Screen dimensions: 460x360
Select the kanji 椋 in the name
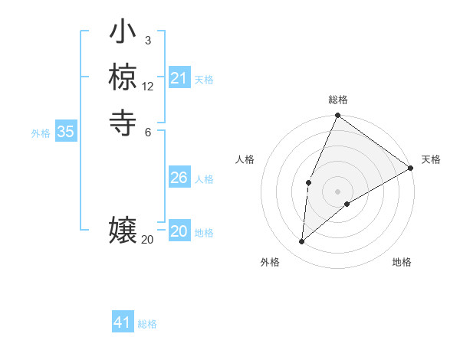[x=123, y=77]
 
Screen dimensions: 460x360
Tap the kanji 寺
[x=123, y=121]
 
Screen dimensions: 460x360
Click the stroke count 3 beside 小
[x=147, y=41]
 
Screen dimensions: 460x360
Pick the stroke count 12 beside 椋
[x=148, y=87]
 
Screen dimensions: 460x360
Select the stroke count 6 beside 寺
[x=147, y=131]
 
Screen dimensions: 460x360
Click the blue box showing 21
[x=179, y=78]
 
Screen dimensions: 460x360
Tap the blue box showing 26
[x=179, y=178]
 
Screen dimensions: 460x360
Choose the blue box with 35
[x=65, y=132]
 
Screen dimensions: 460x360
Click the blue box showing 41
[x=123, y=322]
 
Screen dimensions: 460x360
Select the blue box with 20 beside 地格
[x=179, y=232]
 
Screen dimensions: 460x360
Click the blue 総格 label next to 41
[x=147, y=324]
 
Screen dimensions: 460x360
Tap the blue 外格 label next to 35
[x=41, y=133]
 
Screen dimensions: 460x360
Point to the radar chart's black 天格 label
[x=431, y=159]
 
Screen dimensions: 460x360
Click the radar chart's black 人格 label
[x=245, y=159]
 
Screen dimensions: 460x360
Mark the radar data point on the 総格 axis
[x=337, y=116]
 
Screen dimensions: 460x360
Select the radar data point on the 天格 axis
[x=410, y=168]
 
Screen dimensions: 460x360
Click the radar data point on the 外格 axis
[x=302, y=242]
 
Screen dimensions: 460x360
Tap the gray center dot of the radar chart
[x=337, y=191]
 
